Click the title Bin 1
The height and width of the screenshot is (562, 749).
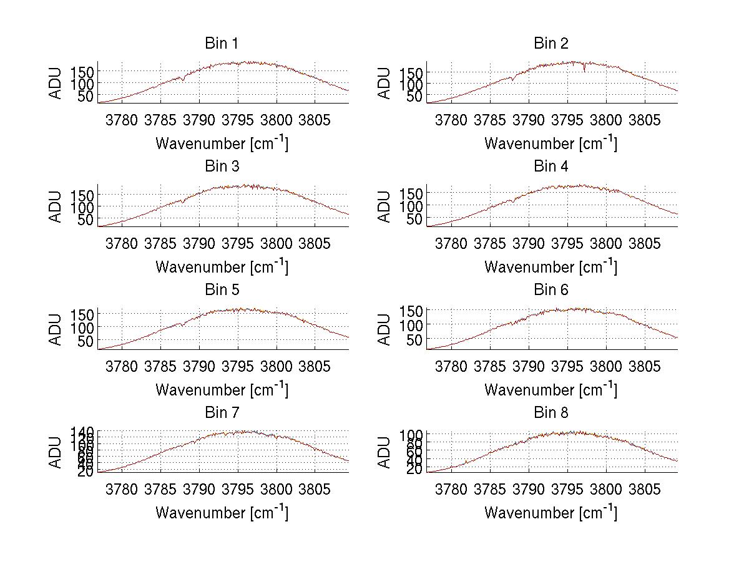coord(222,44)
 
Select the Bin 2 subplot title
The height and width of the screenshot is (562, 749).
coord(551,44)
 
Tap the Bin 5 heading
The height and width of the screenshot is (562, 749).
coord(222,290)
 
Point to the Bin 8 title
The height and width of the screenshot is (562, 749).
coord(551,413)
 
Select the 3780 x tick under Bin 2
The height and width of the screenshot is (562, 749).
coord(451,120)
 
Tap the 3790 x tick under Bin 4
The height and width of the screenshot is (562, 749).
coord(529,243)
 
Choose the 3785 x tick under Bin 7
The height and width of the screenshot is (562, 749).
coord(161,489)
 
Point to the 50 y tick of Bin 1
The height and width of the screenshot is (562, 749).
coord(86,96)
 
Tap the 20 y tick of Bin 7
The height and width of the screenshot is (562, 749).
coord(86,472)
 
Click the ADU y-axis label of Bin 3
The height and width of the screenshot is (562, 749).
coord(56,206)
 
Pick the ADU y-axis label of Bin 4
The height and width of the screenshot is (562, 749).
coord(385,206)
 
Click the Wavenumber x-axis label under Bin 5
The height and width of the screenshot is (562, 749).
coord(222,389)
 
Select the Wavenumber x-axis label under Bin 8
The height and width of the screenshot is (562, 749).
coord(551,512)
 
